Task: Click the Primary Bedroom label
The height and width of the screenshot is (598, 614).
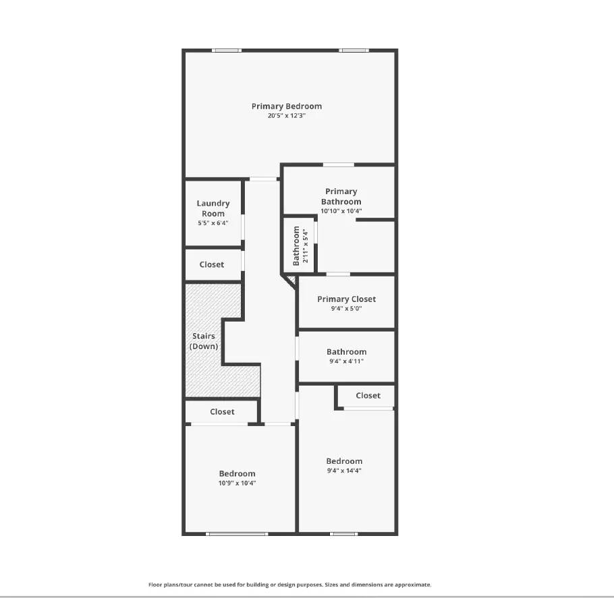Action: (287, 106)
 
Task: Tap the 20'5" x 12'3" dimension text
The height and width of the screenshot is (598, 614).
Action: (287, 116)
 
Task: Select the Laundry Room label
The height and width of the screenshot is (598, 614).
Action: (213, 208)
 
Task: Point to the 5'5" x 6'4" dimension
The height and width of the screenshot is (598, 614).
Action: (213, 222)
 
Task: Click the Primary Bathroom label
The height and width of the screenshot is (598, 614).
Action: (341, 196)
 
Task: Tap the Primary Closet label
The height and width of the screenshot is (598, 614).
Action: (346, 299)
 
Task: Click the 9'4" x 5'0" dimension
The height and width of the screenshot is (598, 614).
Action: (346, 309)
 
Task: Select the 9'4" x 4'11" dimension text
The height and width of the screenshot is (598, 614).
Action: (346, 361)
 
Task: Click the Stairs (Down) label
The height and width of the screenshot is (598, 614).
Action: (204, 341)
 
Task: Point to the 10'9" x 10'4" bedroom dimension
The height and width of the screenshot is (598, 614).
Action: (237, 483)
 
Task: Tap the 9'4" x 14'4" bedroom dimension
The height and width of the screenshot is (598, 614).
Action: (344, 471)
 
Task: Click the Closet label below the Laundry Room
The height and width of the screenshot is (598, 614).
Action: (212, 265)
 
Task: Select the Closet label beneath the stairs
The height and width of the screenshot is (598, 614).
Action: (222, 412)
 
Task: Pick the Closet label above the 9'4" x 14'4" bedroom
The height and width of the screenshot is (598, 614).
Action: (368, 396)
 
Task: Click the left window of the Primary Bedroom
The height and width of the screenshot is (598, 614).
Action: (227, 51)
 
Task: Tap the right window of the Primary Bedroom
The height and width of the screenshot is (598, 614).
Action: (354, 51)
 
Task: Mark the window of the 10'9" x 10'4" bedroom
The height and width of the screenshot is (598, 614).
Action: (237, 534)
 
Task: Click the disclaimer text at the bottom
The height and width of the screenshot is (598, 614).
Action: (289, 585)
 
